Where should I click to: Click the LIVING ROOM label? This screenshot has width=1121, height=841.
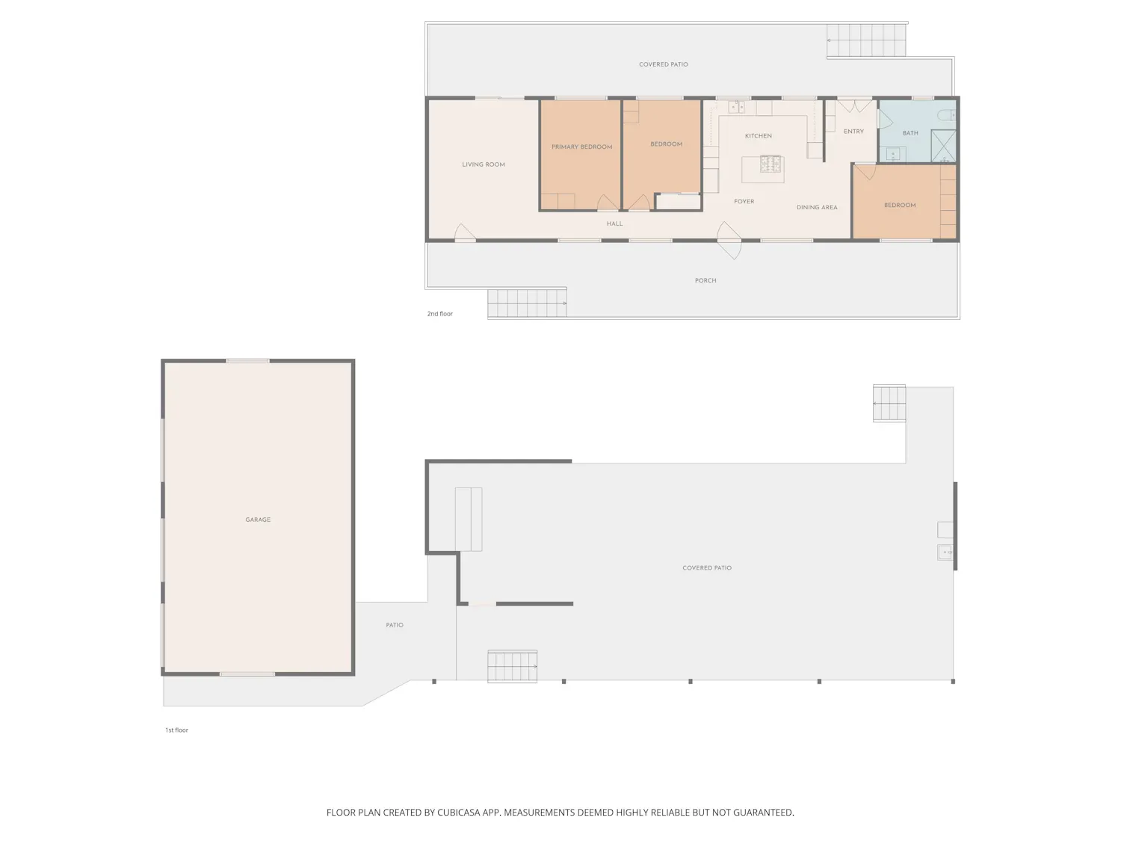pos(483,164)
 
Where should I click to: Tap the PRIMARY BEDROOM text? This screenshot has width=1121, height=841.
pos(581,147)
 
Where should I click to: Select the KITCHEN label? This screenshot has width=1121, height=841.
pos(758,136)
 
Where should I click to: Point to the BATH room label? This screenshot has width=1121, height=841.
pos(910,133)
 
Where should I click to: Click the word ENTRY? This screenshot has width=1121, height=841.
pos(853,132)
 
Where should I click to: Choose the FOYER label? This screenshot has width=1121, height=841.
pos(744,201)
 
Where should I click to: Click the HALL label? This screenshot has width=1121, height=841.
pos(614,224)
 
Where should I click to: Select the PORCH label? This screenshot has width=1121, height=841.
pos(705,280)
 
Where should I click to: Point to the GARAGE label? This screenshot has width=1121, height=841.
pos(258,520)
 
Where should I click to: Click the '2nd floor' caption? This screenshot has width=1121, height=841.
pos(439,313)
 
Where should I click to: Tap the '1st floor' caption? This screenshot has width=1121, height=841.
pos(176,730)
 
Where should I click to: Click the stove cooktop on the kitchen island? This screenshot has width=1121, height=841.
pos(771,164)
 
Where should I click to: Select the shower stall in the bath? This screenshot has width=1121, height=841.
pos(943,146)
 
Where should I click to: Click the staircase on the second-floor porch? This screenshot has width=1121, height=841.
pos(527,304)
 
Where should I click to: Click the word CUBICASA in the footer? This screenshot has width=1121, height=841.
pos(459,812)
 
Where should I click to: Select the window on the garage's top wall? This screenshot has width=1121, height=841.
pos(247,360)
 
